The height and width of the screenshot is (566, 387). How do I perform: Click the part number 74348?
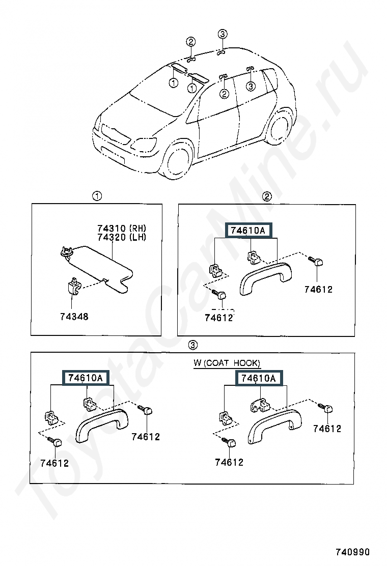(x=74, y=317)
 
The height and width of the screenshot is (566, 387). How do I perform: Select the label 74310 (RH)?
(x=122, y=228)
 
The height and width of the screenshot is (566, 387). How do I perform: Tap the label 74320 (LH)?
(x=122, y=237)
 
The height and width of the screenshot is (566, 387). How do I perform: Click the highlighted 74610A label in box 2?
(x=248, y=230)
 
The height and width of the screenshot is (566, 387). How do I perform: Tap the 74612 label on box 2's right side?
(x=318, y=289)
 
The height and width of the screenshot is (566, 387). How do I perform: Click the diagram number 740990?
(x=353, y=552)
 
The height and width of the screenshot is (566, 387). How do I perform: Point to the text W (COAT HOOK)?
(x=227, y=363)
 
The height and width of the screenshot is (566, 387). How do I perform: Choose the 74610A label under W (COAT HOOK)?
(x=259, y=378)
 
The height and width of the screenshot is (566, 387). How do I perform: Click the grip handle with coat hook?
(x=274, y=426)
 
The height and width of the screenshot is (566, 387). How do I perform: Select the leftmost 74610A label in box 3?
(x=86, y=378)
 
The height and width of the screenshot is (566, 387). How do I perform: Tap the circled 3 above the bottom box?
(x=193, y=345)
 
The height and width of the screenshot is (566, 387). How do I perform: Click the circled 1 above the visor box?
(x=97, y=196)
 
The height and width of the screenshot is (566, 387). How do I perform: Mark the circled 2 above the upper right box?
(x=267, y=196)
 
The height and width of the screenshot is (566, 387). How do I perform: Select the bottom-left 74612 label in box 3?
(x=54, y=463)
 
